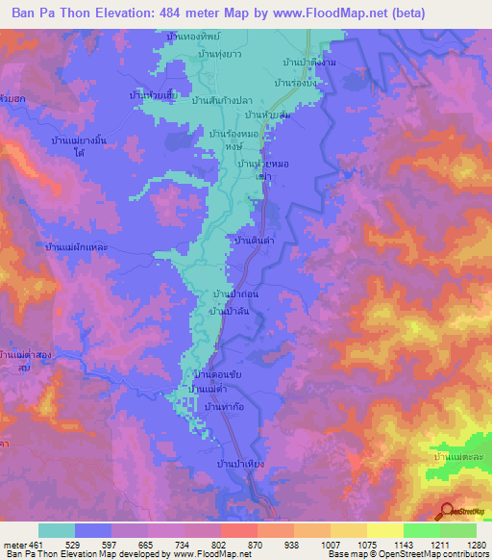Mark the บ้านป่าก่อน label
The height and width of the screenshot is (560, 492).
tap(237, 293)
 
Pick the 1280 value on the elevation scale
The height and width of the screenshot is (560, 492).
tap(475, 544)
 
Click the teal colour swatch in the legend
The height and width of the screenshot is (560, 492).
tap(56, 530)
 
